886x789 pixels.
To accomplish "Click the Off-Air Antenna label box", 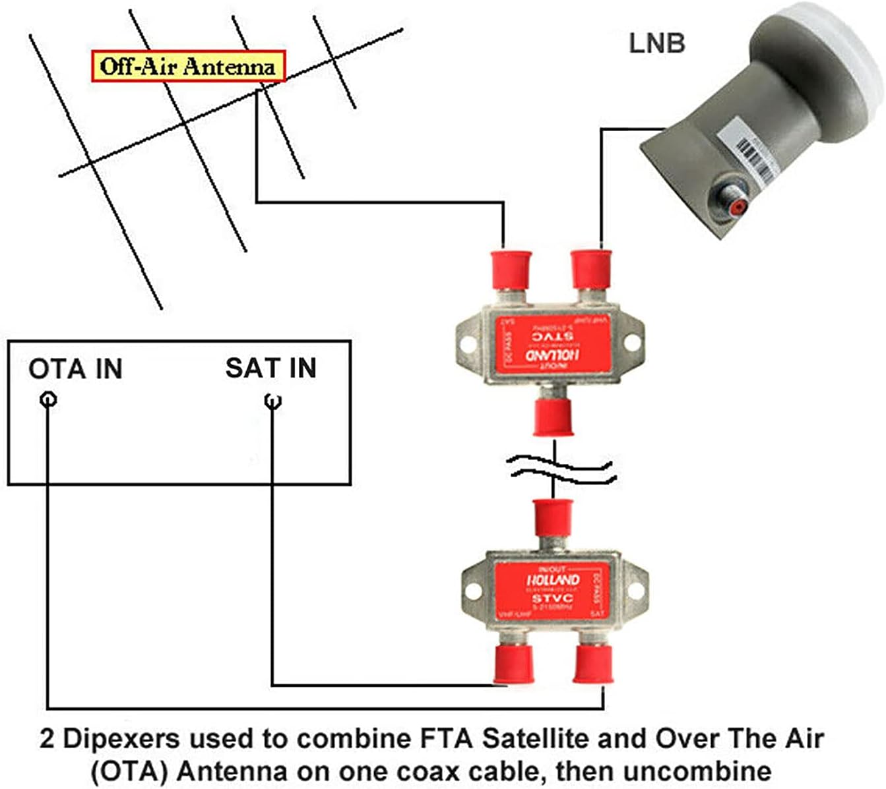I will click(188, 67).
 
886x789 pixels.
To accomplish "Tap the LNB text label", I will click(656, 43).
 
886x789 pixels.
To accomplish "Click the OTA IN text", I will click(75, 368).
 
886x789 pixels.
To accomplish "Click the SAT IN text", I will click(270, 368).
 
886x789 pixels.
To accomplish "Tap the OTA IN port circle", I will click(48, 399).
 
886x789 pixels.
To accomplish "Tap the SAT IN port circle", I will click(272, 400).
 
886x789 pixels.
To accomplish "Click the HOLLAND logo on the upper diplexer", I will click(552, 355).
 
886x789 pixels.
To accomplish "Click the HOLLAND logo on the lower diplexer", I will click(553, 581).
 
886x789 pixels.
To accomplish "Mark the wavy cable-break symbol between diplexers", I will click(561, 469).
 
